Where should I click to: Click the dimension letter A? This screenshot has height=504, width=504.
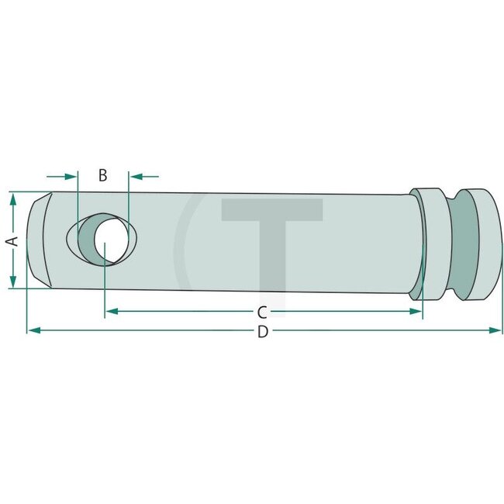point(12,241)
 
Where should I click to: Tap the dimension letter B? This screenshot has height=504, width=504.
point(102,175)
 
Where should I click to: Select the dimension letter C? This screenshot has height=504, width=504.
point(262,312)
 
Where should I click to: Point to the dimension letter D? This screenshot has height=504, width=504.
point(262,332)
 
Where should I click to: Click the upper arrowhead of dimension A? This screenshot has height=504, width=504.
point(12,198)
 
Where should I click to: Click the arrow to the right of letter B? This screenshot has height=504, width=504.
point(135,175)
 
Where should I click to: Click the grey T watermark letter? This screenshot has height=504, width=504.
point(271,233)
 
